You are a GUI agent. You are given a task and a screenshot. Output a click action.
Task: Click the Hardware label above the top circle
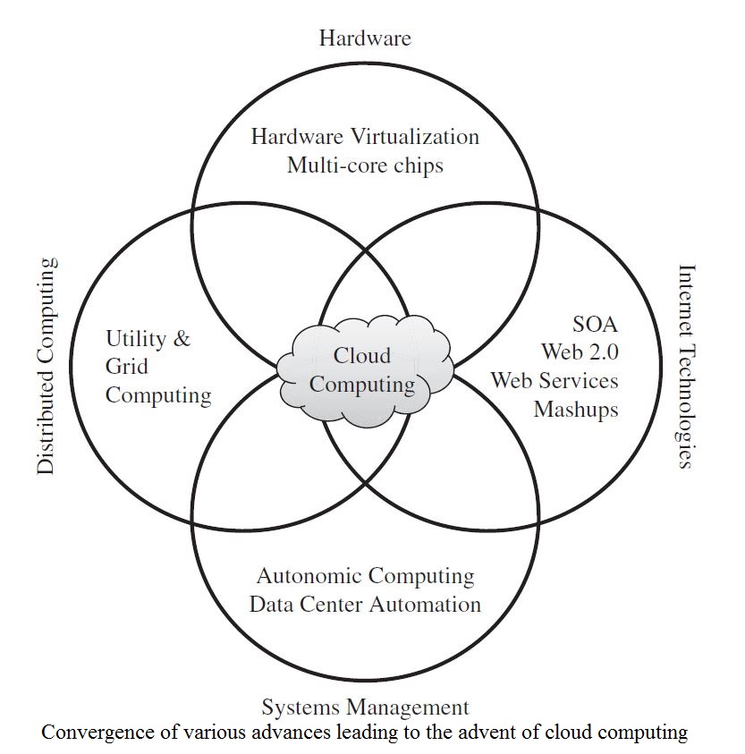(365, 38)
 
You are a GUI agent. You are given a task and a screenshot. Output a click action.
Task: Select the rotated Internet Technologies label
(686, 366)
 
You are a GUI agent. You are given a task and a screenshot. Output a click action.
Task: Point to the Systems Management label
(365, 708)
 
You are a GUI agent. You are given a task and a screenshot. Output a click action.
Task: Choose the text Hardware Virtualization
(365, 137)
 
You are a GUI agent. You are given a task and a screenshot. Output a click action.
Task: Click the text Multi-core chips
(365, 165)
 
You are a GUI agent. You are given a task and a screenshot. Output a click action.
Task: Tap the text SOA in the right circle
(595, 323)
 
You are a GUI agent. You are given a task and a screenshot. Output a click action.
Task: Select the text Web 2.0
(580, 352)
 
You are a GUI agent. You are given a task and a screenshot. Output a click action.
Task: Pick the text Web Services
(555, 380)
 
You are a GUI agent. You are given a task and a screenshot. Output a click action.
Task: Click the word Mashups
(576, 410)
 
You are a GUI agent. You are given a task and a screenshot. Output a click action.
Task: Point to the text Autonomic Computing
(365, 575)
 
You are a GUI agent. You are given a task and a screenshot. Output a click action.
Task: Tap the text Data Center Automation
(365, 604)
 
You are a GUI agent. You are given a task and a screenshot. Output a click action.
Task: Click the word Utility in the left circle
(135, 339)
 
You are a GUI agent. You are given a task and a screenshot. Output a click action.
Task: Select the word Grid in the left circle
(127, 367)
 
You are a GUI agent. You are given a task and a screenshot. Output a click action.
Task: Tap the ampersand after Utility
(181, 339)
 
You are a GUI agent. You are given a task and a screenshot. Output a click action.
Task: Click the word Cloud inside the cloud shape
(362, 356)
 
